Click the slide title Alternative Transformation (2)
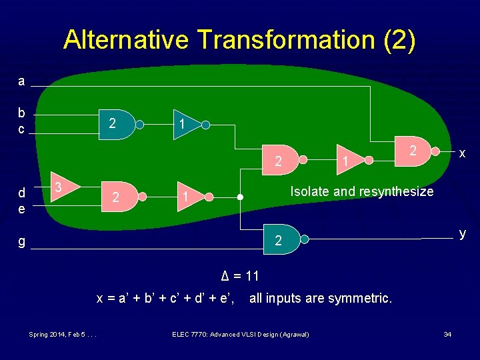239,40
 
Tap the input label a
21,81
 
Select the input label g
21,242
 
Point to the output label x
461,153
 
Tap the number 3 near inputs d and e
59,186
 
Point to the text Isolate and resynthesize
361,191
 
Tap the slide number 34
447,333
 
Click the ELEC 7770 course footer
241,333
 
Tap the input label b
21,113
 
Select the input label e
21,209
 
